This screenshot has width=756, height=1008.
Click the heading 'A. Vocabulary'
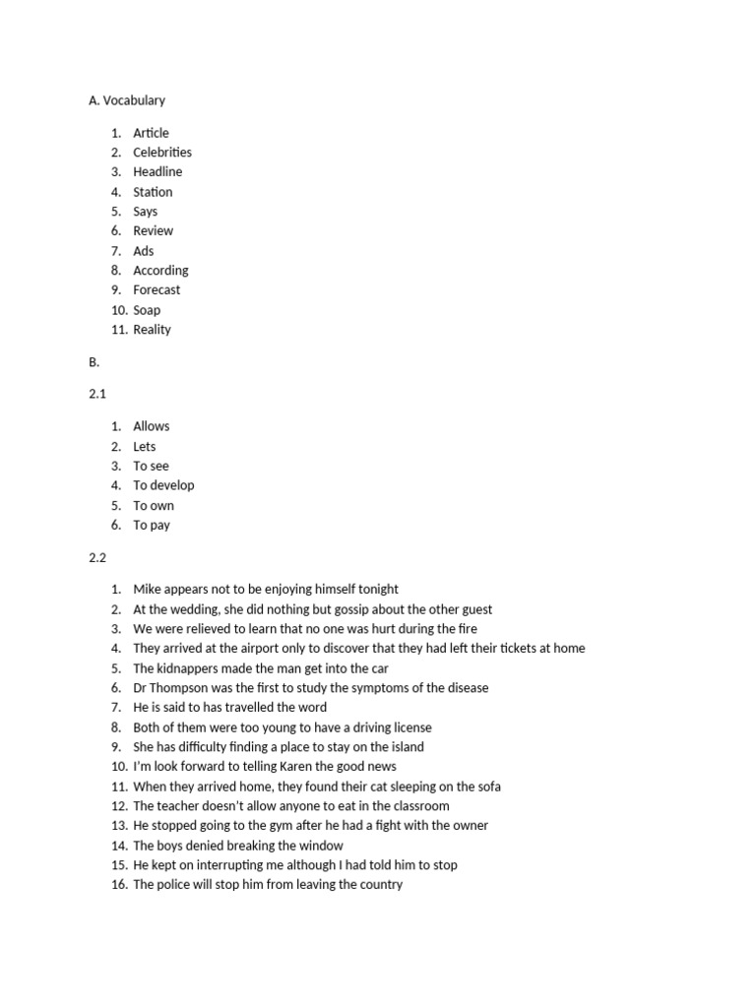[127, 100]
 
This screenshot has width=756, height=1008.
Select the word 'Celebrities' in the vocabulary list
[162, 153]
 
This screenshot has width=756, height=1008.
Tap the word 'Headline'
[157, 172]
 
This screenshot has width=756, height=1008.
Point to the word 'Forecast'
[157, 290]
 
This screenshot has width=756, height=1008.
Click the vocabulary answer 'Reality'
[152, 330]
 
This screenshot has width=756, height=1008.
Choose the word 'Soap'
[147, 310]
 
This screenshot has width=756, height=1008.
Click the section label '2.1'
[97, 394]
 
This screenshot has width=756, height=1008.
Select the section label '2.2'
[97, 557]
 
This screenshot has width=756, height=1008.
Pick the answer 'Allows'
[152, 426]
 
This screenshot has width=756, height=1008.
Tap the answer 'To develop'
[163, 485]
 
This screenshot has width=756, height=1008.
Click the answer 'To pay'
[152, 525]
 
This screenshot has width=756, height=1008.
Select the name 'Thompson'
[183, 688]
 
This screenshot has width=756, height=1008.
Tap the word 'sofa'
[487, 787]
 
